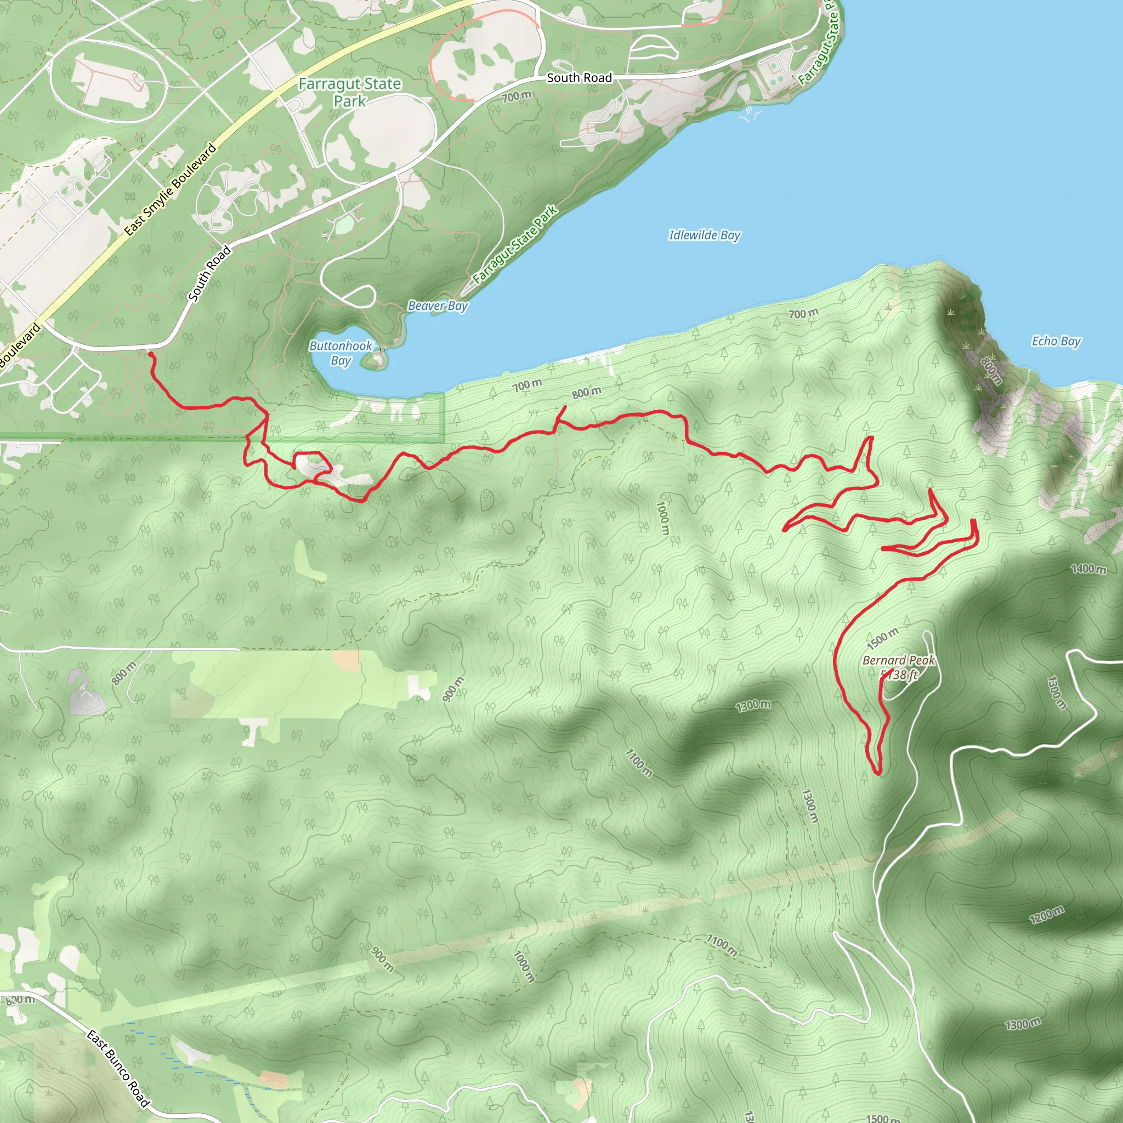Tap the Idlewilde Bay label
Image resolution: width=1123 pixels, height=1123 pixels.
point(705,235)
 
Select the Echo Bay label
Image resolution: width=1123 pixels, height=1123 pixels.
point(1056,341)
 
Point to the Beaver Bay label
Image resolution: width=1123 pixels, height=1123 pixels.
point(438,306)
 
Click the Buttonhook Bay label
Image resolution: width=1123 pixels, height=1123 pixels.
point(341,353)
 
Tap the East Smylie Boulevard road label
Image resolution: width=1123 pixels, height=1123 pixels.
point(171,190)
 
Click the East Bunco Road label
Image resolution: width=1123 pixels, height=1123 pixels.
point(118,1067)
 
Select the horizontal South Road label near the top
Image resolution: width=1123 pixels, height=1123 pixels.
point(579,78)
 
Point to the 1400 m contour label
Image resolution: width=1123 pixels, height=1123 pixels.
point(1088,569)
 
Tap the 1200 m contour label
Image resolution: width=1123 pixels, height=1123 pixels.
point(1046,914)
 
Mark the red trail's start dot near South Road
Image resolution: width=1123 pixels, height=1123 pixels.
point(151,354)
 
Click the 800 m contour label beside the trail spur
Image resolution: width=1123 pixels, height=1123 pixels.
point(586,393)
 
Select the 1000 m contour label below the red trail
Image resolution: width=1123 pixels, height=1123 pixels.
point(662,518)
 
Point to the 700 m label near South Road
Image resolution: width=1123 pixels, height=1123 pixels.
point(516,97)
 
